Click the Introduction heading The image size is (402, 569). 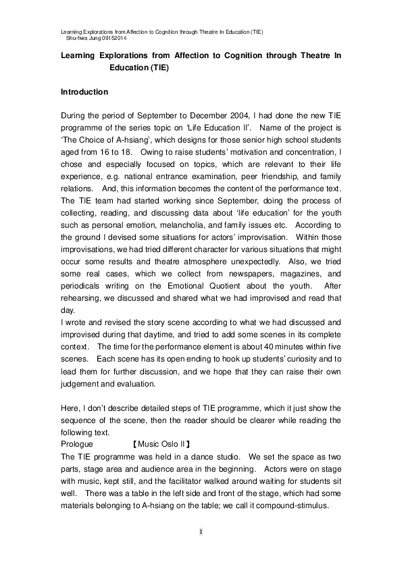84,91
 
